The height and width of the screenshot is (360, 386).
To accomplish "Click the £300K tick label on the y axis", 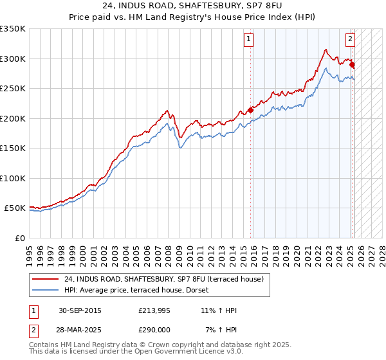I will coord(13,59).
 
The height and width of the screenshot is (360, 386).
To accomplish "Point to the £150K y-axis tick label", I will coord(13,148).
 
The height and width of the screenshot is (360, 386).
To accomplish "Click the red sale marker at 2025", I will coord(353,64).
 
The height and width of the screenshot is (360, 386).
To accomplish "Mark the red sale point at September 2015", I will coord(251,110).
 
